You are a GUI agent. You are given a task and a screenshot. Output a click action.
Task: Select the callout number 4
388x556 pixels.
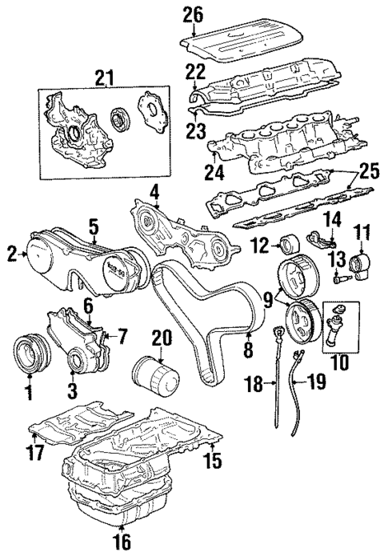pos(154,192)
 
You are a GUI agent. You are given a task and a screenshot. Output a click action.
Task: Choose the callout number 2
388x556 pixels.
pos(12,254)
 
